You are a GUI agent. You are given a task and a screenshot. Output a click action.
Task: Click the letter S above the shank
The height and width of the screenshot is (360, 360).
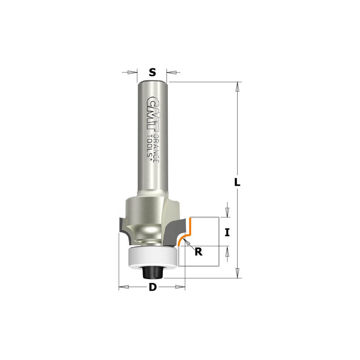tap(152, 72)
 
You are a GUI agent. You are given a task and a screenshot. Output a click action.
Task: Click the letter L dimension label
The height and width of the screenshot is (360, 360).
tap(237, 182)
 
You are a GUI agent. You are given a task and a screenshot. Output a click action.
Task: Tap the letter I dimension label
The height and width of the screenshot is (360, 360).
tap(227, 233)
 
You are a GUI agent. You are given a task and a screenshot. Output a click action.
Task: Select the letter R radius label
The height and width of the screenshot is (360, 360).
tap(198, 252)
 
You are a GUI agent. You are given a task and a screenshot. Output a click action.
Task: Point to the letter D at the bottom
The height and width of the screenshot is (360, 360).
tap(153, 287)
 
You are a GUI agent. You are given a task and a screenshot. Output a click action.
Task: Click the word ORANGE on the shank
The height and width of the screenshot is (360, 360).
tap(156, 148)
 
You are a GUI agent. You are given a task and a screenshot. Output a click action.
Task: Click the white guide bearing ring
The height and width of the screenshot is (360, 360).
tap(153, 258)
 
